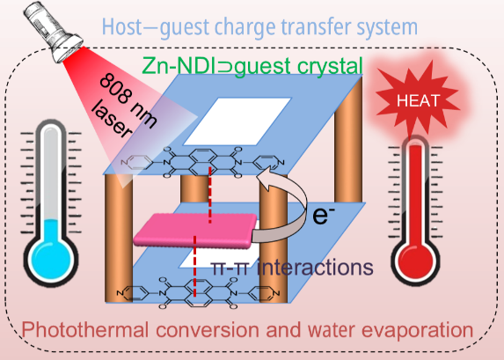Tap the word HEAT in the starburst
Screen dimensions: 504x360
(x=418, y=100)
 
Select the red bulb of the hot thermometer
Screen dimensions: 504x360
(x=416, y=260)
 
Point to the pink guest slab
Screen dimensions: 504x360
(x=195, y=231)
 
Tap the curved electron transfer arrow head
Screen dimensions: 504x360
(x=264, y=181)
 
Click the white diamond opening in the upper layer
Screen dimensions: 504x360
(x=237, y=121)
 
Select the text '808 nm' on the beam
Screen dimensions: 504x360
(x=128, y=100)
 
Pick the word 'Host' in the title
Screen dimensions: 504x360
(x=121, y=27)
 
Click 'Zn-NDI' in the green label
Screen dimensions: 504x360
(x=179, y=66)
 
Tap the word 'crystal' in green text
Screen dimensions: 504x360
(x=330, y=66)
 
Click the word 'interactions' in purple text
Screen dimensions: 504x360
(x=315, y=267)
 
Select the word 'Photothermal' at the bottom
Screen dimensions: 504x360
(x=85, y=330)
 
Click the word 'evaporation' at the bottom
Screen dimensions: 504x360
(x=418, y=330)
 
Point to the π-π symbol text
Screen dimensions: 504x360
(x=230, y=268)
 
